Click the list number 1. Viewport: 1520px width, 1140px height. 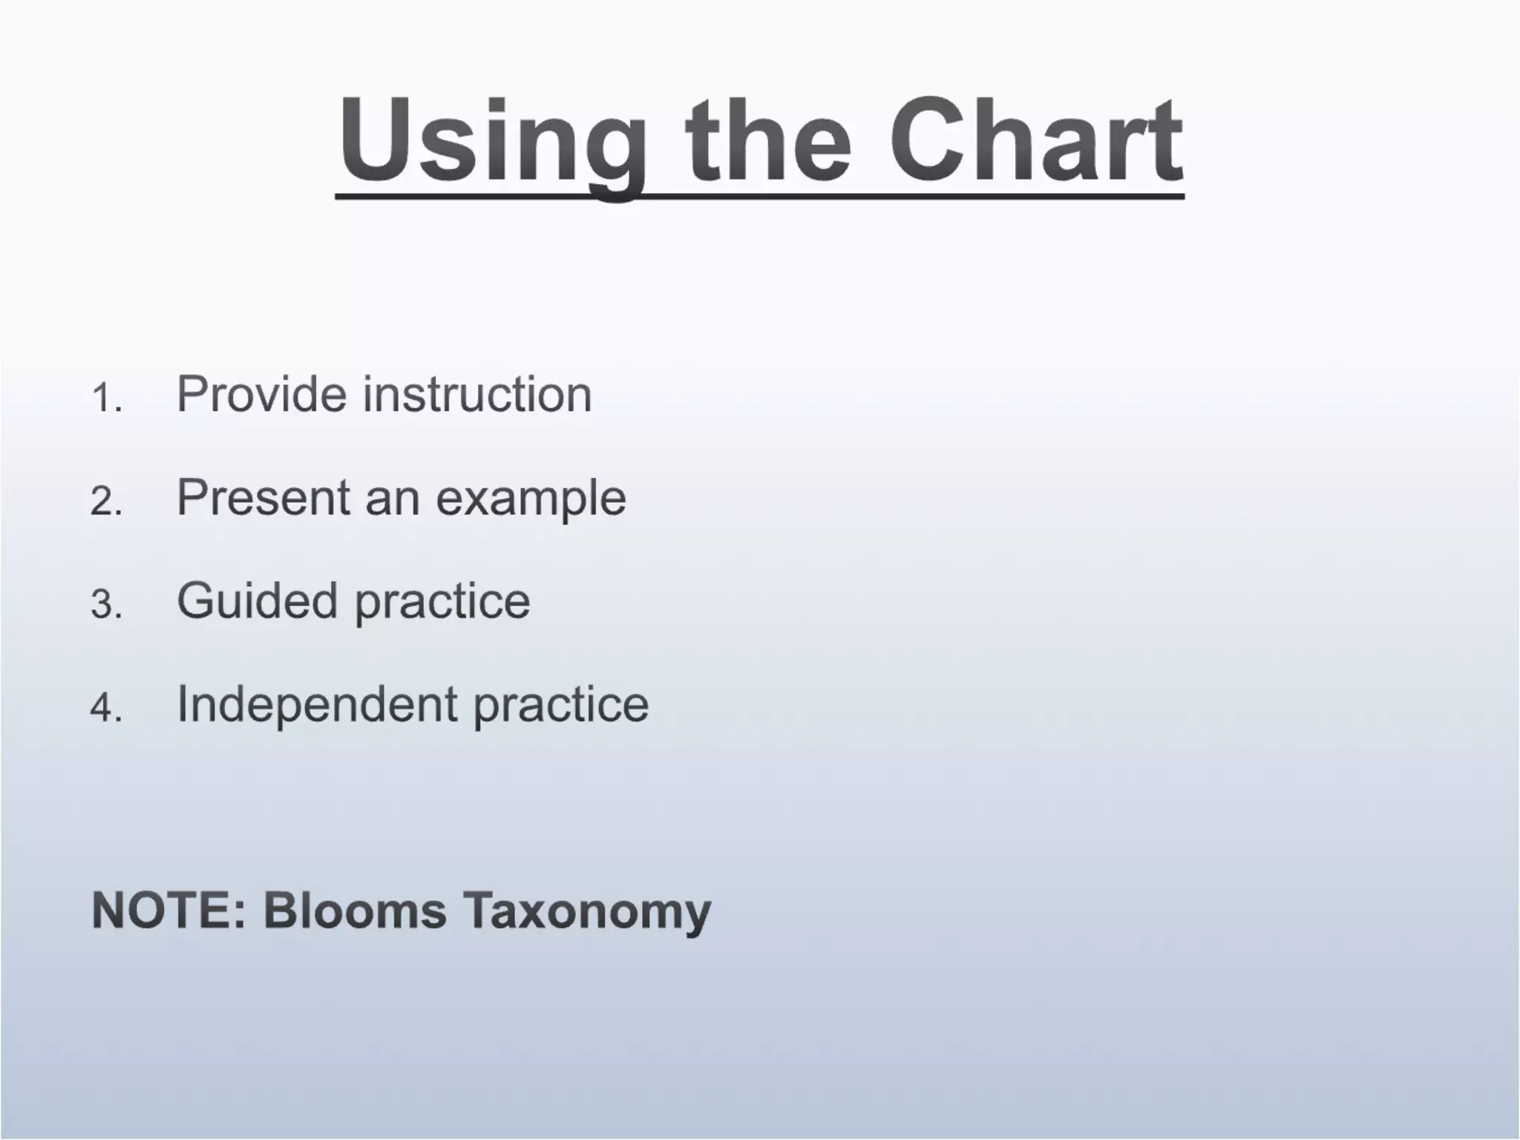[105, 398]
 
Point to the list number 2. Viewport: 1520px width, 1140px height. [105, 501]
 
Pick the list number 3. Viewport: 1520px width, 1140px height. [105, 604]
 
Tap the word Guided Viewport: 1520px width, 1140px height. [257, 600]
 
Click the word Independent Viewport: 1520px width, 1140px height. [317, 705]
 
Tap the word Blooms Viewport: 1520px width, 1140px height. [355, 910]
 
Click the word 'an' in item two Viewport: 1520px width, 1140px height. [393, 499]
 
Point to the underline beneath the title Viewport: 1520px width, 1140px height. [759, 196]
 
